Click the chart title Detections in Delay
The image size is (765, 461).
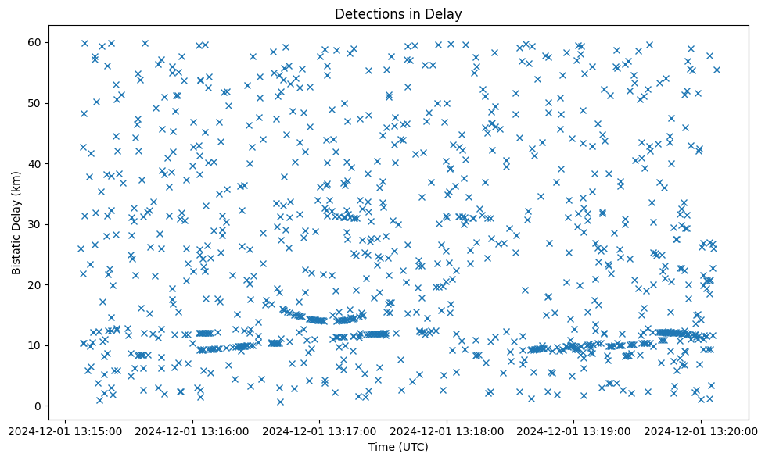(x=397, y=13)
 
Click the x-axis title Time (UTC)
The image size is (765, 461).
(x=397, y=447)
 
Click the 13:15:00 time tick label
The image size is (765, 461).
(x=65, y=430)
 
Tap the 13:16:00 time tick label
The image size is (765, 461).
(x=192, y=430)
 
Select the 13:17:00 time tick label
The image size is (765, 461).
(x=319, y=430)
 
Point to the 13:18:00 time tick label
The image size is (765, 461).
(x=447, y=430)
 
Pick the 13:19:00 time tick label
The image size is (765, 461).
(x=574, y=430)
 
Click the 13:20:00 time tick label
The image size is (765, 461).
(x=701, y=430)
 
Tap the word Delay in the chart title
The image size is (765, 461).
(x=444, y=13)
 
